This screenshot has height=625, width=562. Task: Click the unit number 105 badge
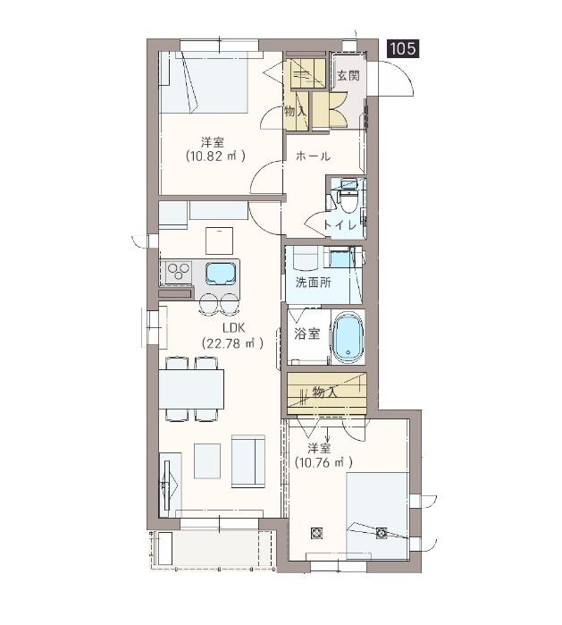coord(403,48)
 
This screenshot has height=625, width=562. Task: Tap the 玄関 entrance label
coord(348,75)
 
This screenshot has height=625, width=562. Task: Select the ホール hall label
coord(313,156)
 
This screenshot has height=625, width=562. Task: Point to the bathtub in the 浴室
coord(348,337)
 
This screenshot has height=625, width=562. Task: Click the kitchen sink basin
coord(221,273)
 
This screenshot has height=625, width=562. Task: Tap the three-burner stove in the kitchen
coord(178,272)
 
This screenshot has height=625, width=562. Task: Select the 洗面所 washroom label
coord(313,283)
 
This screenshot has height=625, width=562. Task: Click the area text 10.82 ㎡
coord(215,156)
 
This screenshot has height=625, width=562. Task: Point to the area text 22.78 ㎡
coord(232,343)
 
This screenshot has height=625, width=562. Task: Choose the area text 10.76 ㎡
coord(323,462)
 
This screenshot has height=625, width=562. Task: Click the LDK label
coord(233,328)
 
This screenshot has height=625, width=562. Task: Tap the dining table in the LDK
coord(191,389)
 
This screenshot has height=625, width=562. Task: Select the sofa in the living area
coord(248,461)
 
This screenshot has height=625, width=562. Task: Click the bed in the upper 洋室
coord(204,81)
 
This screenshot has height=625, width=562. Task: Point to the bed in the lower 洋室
coord(377,516)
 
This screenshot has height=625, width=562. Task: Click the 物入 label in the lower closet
coord(324,393)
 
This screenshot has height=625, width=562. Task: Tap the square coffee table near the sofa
coord(207,460)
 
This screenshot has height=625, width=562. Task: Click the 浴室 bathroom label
coord(306,334)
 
